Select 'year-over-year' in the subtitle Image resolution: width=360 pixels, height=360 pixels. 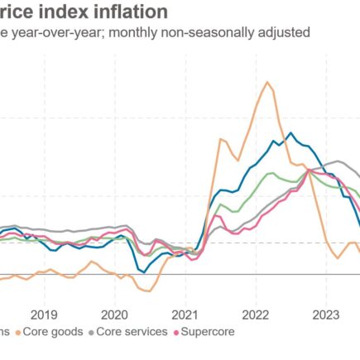pyautogui.click(x=49, y=33)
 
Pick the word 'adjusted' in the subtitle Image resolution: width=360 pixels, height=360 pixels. pyautogui.click(x=274, y=33)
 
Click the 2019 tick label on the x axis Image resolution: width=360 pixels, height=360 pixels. pyautogui.click(x=43, y=314)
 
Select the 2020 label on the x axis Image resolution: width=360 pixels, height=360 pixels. pyautogui.click(x=113, y=314)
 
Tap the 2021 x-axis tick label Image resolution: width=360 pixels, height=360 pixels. pyautogui.click(x=185, y=314)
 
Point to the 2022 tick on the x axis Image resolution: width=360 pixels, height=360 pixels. pyautogui.click(x=255, y=314)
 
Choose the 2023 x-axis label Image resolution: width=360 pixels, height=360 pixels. pyautogui.click(x=325, y=314)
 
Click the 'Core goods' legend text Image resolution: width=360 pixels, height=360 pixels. pyautogui.click(x=55, y=332)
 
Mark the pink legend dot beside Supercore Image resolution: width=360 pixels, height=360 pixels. pyautogui.click(x=175, y=332)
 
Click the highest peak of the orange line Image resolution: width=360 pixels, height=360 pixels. pyautogui.click(x=267, y=81)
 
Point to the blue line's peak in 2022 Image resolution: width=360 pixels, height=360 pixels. pyautogui.click(x=290, y=132)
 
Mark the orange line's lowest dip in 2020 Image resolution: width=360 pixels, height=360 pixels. pyautogui.click(x=147, y=290)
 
